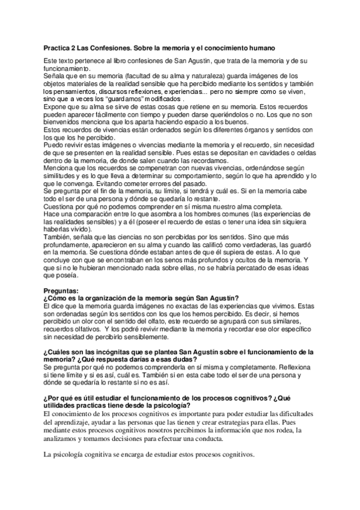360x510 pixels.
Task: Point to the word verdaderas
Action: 258,245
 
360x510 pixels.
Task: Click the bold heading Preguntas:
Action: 62,290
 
